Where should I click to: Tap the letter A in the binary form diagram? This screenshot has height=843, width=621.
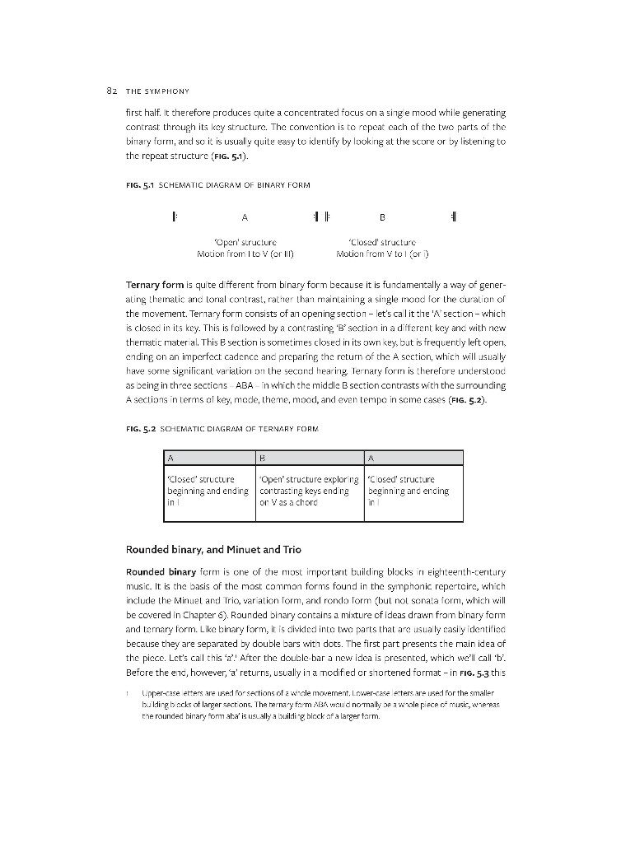pos(245,218)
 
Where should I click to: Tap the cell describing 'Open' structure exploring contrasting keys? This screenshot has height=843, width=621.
pos(310,491)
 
